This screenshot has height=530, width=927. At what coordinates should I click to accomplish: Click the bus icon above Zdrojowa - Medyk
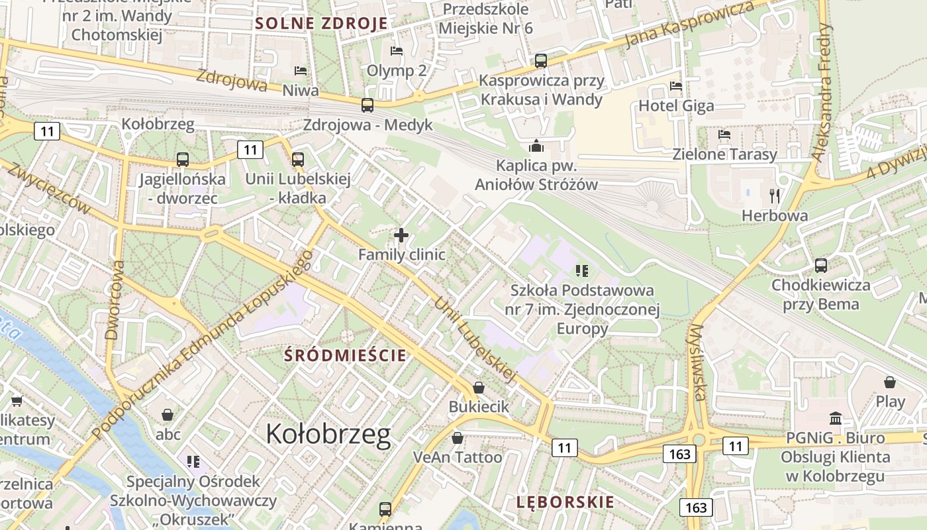click(x=367, y=105)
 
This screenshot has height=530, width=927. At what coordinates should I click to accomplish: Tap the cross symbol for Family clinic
click(x=401, y=235)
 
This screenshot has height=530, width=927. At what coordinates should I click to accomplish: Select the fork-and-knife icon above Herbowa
click(x=775, y=195)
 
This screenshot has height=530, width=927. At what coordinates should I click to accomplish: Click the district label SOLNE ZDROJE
click(x=322, y=24)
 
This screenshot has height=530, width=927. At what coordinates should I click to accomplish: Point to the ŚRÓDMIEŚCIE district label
click(x=345, y=355)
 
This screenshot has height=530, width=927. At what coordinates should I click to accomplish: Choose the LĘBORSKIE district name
click(x=565, y=502)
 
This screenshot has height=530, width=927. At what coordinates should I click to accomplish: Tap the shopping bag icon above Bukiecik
click(x=479, y=387)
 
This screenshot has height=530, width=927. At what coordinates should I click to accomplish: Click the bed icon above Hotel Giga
click(x=675, y=86)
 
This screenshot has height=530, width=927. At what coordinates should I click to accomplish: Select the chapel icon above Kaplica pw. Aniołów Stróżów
click(x=536, y=146)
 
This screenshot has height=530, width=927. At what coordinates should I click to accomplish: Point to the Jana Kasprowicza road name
click(x=689, y=25)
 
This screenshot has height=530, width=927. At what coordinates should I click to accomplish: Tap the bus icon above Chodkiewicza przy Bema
click(x=821, y=265)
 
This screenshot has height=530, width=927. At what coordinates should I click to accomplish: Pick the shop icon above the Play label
click(x=890, y=382)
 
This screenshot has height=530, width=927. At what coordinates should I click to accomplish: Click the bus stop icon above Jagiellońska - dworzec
click(x=182, y=160)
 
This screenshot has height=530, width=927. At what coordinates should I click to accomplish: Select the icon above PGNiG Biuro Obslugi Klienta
click(x=835, y=418)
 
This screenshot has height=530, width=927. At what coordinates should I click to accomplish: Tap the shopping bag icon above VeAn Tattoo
click(x=457, y=438)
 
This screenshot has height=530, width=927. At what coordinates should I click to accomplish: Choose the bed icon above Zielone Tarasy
click(x=724, y=134)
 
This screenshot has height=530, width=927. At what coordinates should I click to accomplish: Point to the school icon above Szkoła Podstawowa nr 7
click(x=582, y=270)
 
